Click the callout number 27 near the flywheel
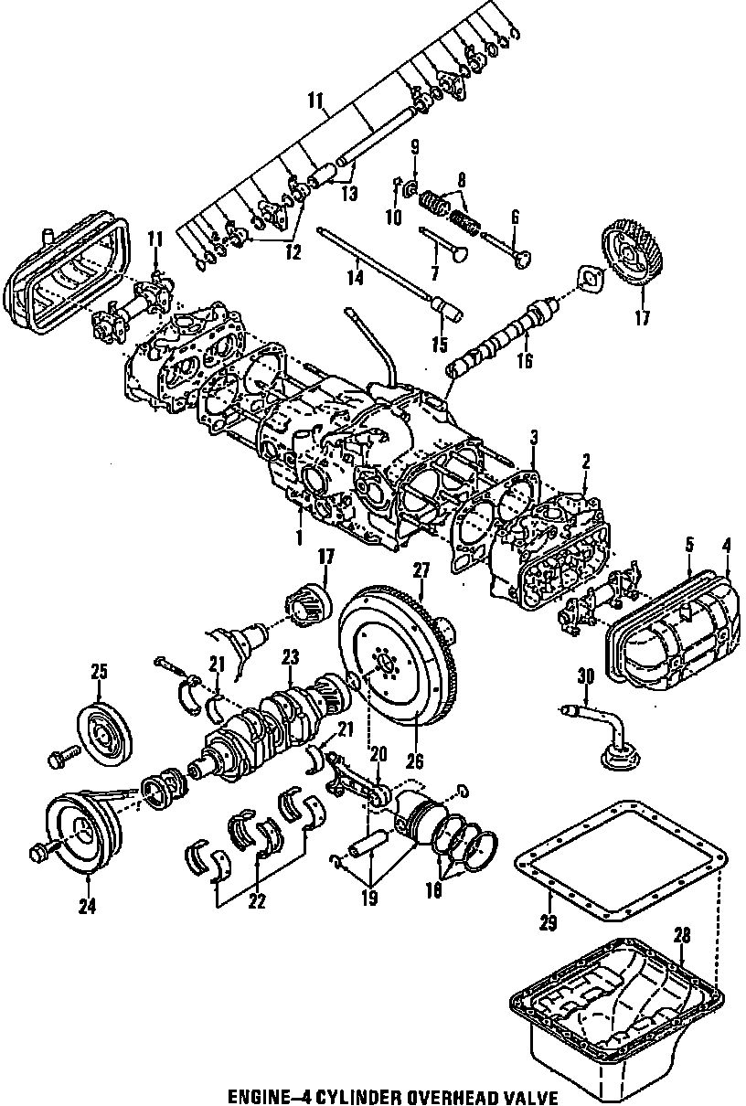421,570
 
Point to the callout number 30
585,675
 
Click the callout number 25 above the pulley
99,672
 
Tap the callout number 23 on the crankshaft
291,656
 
